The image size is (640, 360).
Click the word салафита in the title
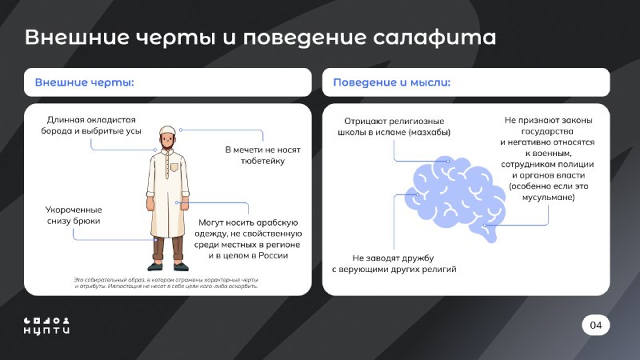coord(434,38)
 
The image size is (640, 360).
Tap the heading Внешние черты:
coord(85,82)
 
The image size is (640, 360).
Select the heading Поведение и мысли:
coord(392,82)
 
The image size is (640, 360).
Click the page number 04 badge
coord(595,325)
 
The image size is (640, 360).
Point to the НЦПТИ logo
coord(46,326)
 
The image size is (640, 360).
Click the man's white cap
coord(167,130)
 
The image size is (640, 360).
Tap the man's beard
coord(167,145)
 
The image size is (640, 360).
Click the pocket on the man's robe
coord(174,167)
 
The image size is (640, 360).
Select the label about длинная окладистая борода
coord(91,126)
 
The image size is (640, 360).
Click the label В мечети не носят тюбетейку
coord(263,155)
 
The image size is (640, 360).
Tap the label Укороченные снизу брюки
coord(74,215)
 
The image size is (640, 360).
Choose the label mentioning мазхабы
coord(394,126)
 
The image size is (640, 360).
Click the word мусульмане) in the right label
coord(548,198)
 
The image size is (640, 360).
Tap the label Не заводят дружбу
coord(394,264)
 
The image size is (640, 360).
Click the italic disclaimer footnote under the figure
coord(166,283)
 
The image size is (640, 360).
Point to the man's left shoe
coord(181,266)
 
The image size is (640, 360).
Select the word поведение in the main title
coord(305,38)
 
